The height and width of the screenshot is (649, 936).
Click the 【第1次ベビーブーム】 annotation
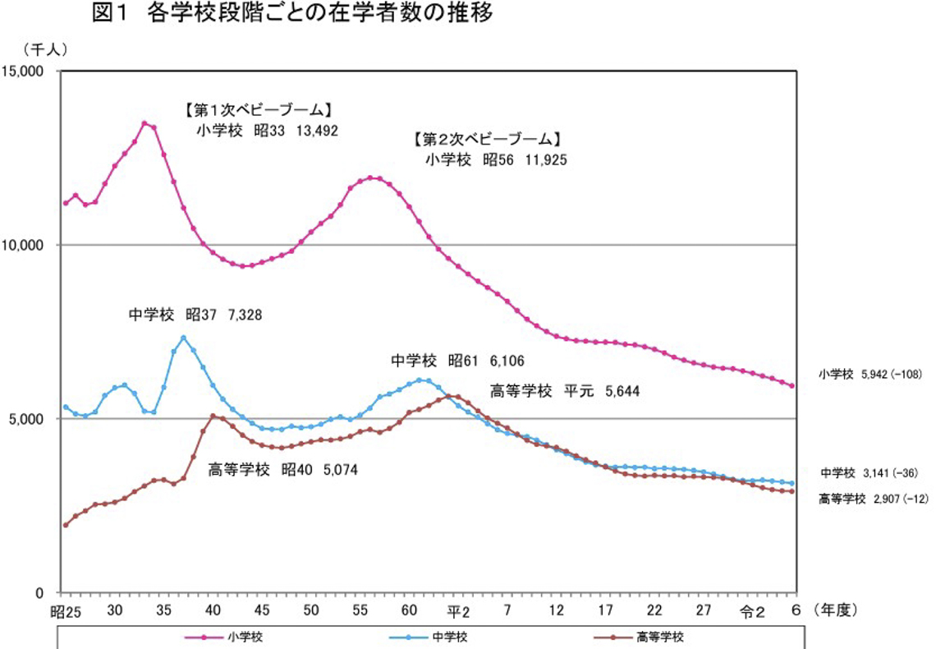click(258, 109)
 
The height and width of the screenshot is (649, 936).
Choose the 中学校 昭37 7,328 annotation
click(195, 315)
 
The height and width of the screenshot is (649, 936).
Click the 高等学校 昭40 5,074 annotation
click(283, 470)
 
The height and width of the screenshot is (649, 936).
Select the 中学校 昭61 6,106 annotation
click(457, 361)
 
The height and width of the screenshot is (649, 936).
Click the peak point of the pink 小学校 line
click(144, 123)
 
